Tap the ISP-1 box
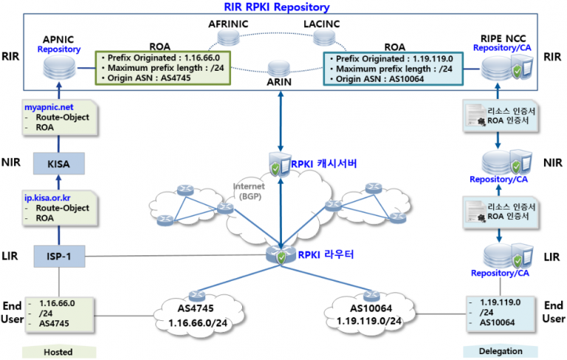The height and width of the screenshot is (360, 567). click(59, 257)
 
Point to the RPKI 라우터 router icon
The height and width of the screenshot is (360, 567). click(280, 255)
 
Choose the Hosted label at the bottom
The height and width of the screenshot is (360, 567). click(58, 352)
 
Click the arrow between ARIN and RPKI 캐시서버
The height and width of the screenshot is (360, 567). click(280, 122)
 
